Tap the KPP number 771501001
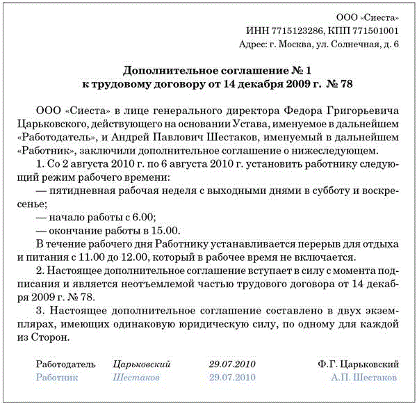[375, 31]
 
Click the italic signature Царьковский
[142, 364]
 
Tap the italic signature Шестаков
[136, 377]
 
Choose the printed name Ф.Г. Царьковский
[358, 364]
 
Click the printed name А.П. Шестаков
[363, 377]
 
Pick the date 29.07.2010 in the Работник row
[232, 377]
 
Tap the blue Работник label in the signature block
[56, 377]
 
